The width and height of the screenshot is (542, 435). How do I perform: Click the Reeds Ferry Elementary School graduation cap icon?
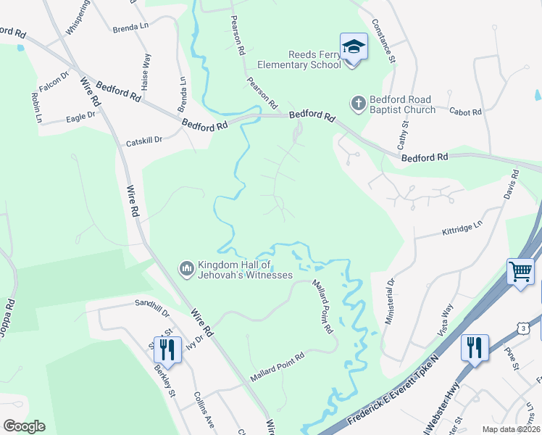pos(353,48)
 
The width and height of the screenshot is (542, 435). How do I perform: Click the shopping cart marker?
pos(521,272)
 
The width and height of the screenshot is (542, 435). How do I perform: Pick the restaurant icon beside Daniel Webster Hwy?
pos(475,347)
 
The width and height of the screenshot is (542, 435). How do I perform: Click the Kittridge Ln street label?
pos(462,229)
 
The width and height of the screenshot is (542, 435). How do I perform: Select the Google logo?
pos(24,426)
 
